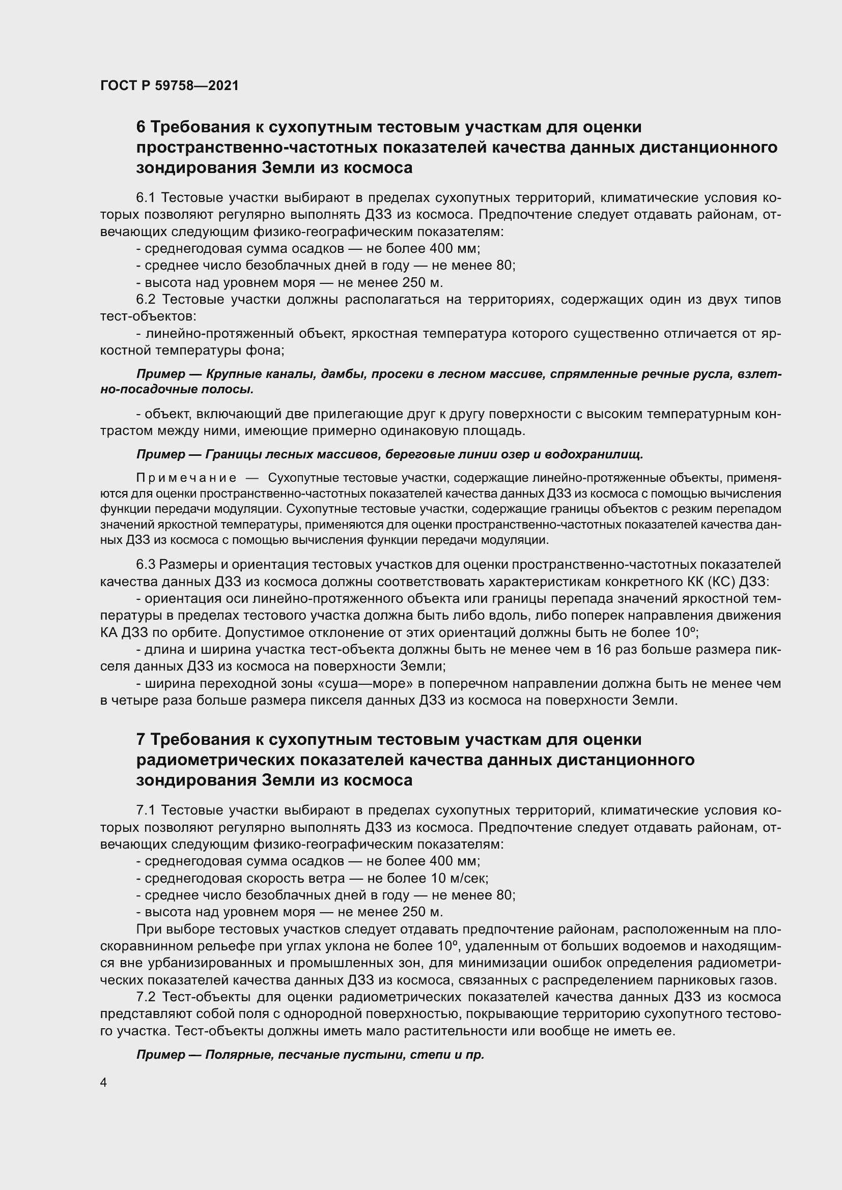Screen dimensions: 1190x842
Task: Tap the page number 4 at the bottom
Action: [104, 1083]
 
